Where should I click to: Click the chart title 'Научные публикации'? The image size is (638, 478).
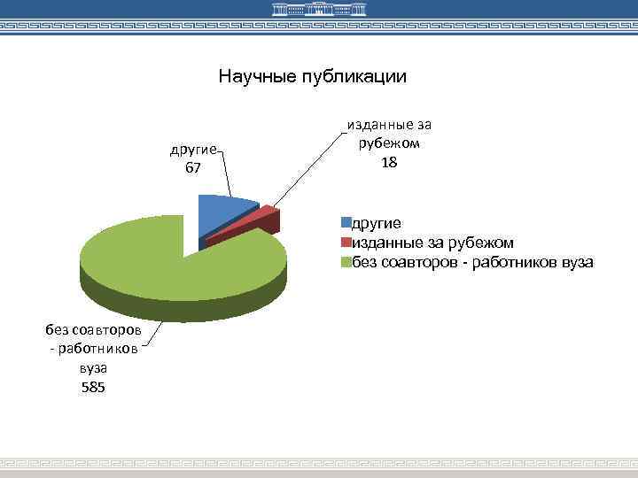(313, 77)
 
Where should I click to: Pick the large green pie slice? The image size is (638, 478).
(177, 261)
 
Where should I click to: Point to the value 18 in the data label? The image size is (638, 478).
(389, 163)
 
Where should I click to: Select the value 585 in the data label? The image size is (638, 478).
(92, 387)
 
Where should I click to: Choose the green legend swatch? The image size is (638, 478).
(347, 262)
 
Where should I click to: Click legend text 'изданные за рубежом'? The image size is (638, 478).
(433, 243)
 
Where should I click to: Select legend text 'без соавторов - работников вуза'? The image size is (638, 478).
(473, 262)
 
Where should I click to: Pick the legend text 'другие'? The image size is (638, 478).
(377, 223)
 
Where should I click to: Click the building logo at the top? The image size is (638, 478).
(319, 12)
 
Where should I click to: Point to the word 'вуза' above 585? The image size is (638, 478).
(92, 367)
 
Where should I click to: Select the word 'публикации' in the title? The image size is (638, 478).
(351, 77)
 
